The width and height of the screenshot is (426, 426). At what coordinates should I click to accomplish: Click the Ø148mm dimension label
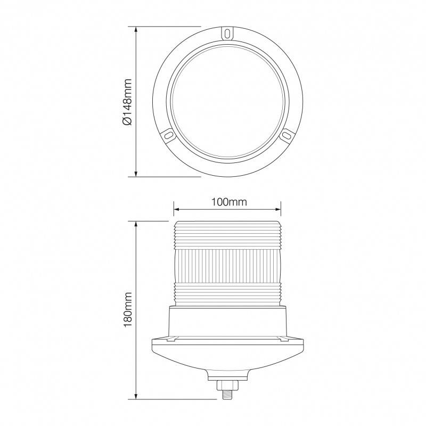[x=127, y=102]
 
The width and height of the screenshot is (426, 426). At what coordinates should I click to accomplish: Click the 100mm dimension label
[x=230, y=202]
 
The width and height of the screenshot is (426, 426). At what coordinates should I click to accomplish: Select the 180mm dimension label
[x=127, y=310]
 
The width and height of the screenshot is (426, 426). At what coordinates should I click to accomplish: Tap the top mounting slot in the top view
[x=227, y=33]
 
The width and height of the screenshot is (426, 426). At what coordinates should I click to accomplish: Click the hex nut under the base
[x=227, y=385]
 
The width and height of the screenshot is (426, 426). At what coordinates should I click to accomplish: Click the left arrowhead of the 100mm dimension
[x=176, y=209]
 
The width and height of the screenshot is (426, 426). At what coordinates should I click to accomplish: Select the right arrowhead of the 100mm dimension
[x=278, y=209]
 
